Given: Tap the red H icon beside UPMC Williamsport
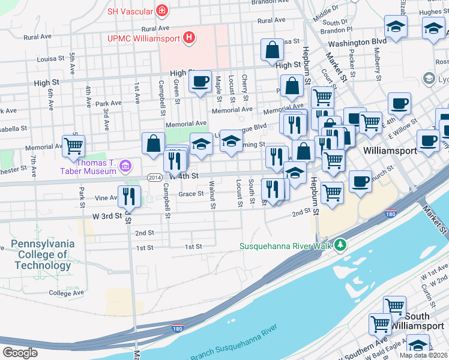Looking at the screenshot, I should [190, 38].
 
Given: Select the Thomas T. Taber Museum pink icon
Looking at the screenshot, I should [126, 165].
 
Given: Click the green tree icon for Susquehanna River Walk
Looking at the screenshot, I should [340, 245].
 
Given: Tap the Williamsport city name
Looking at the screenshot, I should [390, 151].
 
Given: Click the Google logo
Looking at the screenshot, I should [20, 353].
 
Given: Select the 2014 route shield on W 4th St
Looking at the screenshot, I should [154, 177].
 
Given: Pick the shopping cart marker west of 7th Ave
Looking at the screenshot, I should [73, 145].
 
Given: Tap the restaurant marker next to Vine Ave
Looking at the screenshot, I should [129, 196].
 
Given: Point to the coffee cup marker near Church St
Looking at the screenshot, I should [360, 181].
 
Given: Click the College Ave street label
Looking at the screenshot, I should [67, 293].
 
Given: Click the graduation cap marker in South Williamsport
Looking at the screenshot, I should [418, 346].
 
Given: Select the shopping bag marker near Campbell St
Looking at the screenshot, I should [153, 143].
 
